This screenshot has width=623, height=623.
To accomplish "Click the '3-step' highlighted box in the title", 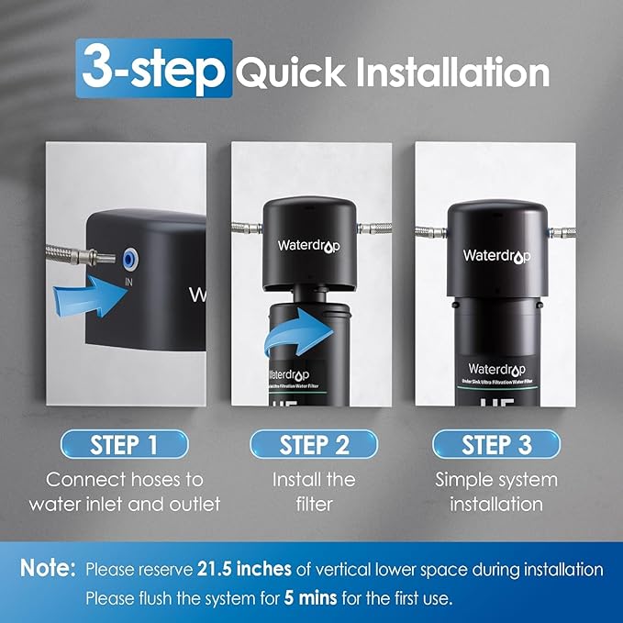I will (x=153, y=69).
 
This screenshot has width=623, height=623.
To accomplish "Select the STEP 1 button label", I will (x=125, y=446).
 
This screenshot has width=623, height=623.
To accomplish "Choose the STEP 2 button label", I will (x=315, y=446).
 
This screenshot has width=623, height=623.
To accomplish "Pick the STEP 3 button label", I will (x=496, y=446).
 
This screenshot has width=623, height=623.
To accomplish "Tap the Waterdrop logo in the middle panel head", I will (x=308, y=246).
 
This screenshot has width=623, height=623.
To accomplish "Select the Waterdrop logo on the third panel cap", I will (x=495, y=255).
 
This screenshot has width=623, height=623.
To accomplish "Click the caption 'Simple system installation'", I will (x=495, y=492).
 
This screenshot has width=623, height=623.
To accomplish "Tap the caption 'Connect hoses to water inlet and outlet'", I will (x=125, y=492).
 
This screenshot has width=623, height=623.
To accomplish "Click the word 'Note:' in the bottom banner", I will (x=47, y=568).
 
